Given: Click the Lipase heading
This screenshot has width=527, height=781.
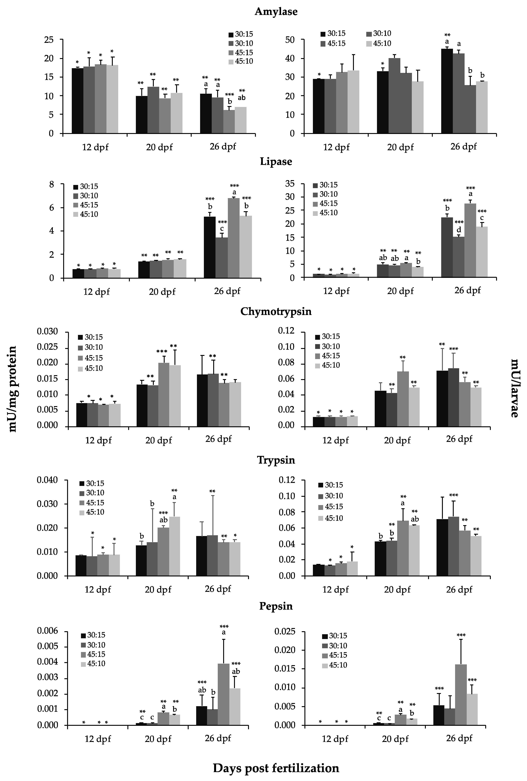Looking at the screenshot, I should [x=276, y=162].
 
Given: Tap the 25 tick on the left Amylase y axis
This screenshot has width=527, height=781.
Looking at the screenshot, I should [x=49, y=40].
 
